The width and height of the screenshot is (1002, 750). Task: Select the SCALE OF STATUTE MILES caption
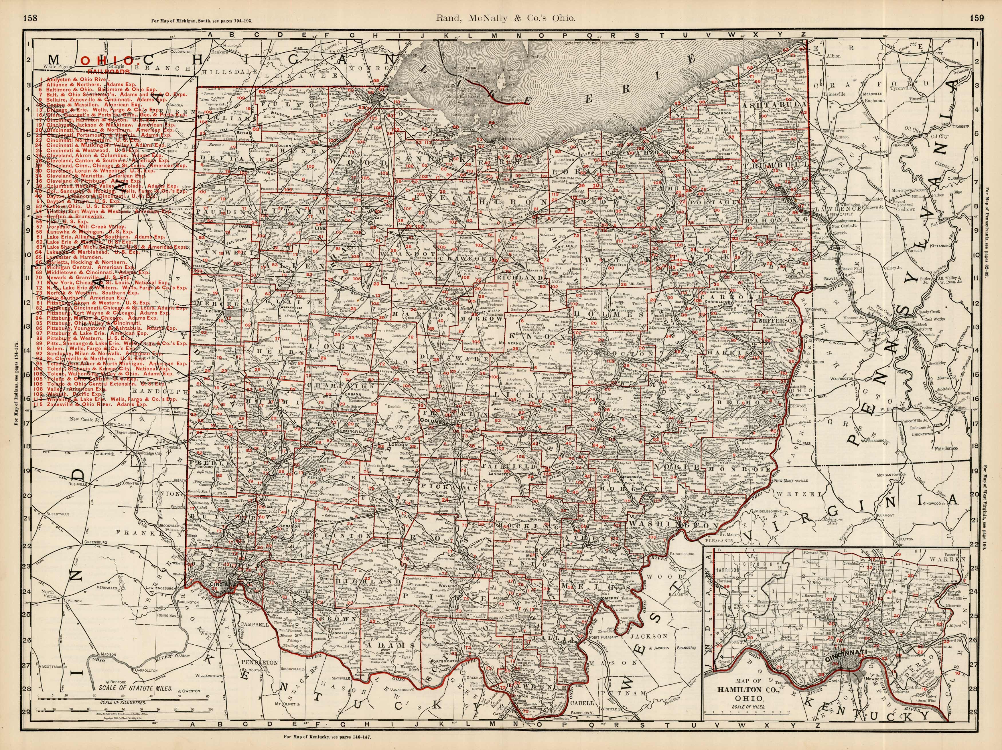click(135, 688)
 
